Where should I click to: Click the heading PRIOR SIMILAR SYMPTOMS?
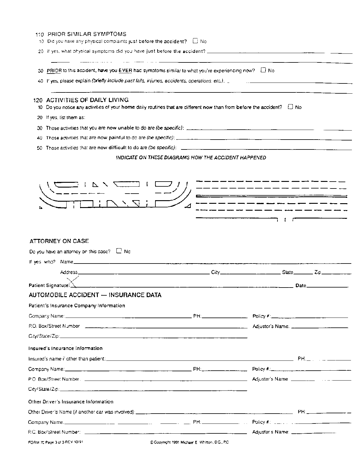pyautogui.click(x=87, y=34)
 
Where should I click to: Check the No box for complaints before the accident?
pyautogui.click(x=196, y=41)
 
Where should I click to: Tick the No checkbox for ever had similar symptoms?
pyautogui.click(x=263, y=70)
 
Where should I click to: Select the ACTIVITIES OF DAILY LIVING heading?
pyautogui.click(x=87, y=100)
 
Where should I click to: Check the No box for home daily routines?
pyautogui.click(x=290, y=107)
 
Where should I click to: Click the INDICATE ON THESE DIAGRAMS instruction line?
pyautogui.click(x=191, y=158)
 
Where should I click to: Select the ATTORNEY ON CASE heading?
pyautogui.click(x=59, y=241)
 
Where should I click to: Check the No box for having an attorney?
pyautogui.click(x=119, y=251)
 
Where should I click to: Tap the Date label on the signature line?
pyautogui.click(x=301, y=286)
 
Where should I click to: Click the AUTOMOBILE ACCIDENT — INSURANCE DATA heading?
pyautogui.click(x=95, y=295)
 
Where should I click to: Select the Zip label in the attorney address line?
pyautogui.click(x=318, y=272)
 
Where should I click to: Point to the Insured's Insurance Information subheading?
pyautogui.click(x=65, y=348)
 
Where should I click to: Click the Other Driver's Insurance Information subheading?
pyautogui.click(x=71, y=402)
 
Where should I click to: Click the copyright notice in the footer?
pyautogui.click(x=189, y=442)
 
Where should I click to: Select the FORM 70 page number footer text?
pyautogui.click(x=55, y=442)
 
